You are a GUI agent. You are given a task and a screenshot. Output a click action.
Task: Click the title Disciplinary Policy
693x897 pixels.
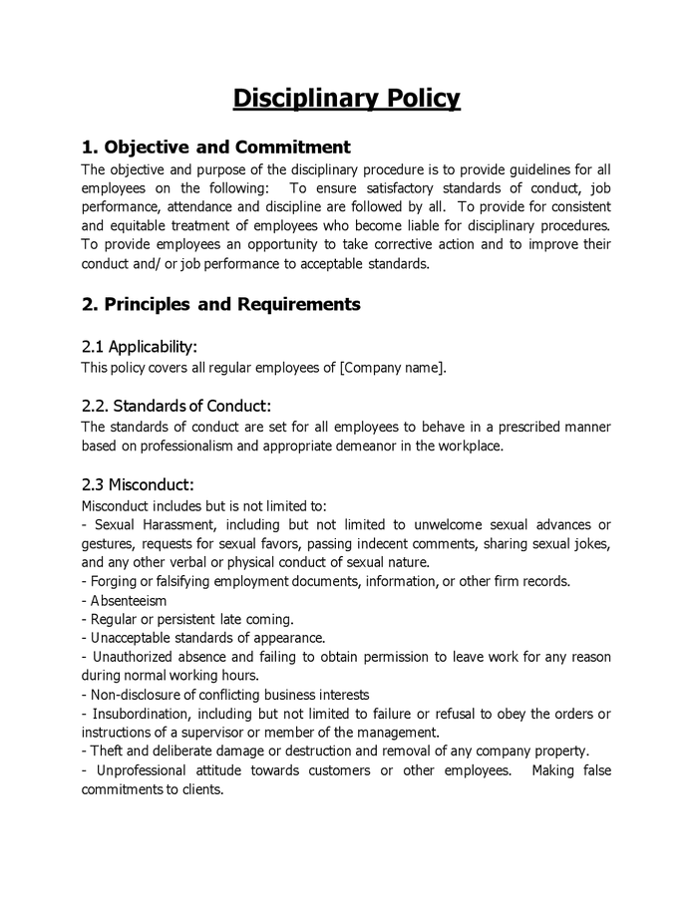[346, 98]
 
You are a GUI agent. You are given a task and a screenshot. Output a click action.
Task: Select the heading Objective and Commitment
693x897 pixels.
[215, 148]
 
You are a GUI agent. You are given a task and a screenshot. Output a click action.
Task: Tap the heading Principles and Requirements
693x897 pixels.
[220, 304]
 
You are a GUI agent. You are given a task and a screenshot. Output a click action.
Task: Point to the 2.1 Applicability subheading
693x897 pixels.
[139, 347]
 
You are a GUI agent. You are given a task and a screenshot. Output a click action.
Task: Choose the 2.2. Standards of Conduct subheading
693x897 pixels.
[175, 406]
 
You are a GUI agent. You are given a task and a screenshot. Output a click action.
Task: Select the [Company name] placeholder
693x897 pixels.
[393, 368]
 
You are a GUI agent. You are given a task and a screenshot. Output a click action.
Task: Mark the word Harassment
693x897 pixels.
[180, 524]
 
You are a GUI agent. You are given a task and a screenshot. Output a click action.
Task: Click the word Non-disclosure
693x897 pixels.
[133, 695]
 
